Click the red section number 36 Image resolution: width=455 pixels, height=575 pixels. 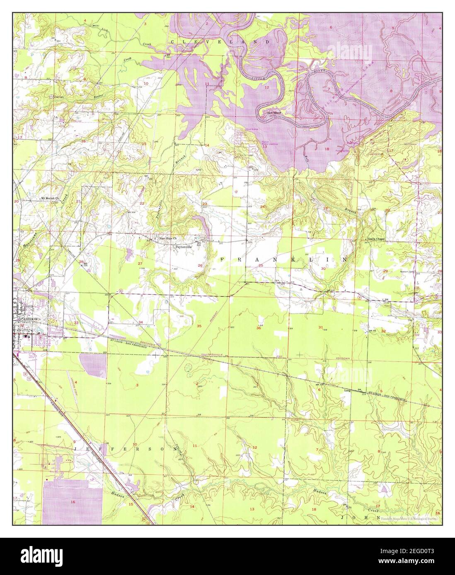coord(259,328)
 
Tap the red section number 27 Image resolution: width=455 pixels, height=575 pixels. coord(140,264)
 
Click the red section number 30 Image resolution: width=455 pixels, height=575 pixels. coord(323,268)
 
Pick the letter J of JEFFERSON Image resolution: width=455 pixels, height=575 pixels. coord(76,448)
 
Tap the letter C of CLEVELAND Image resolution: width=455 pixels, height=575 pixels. coord(172,42)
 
